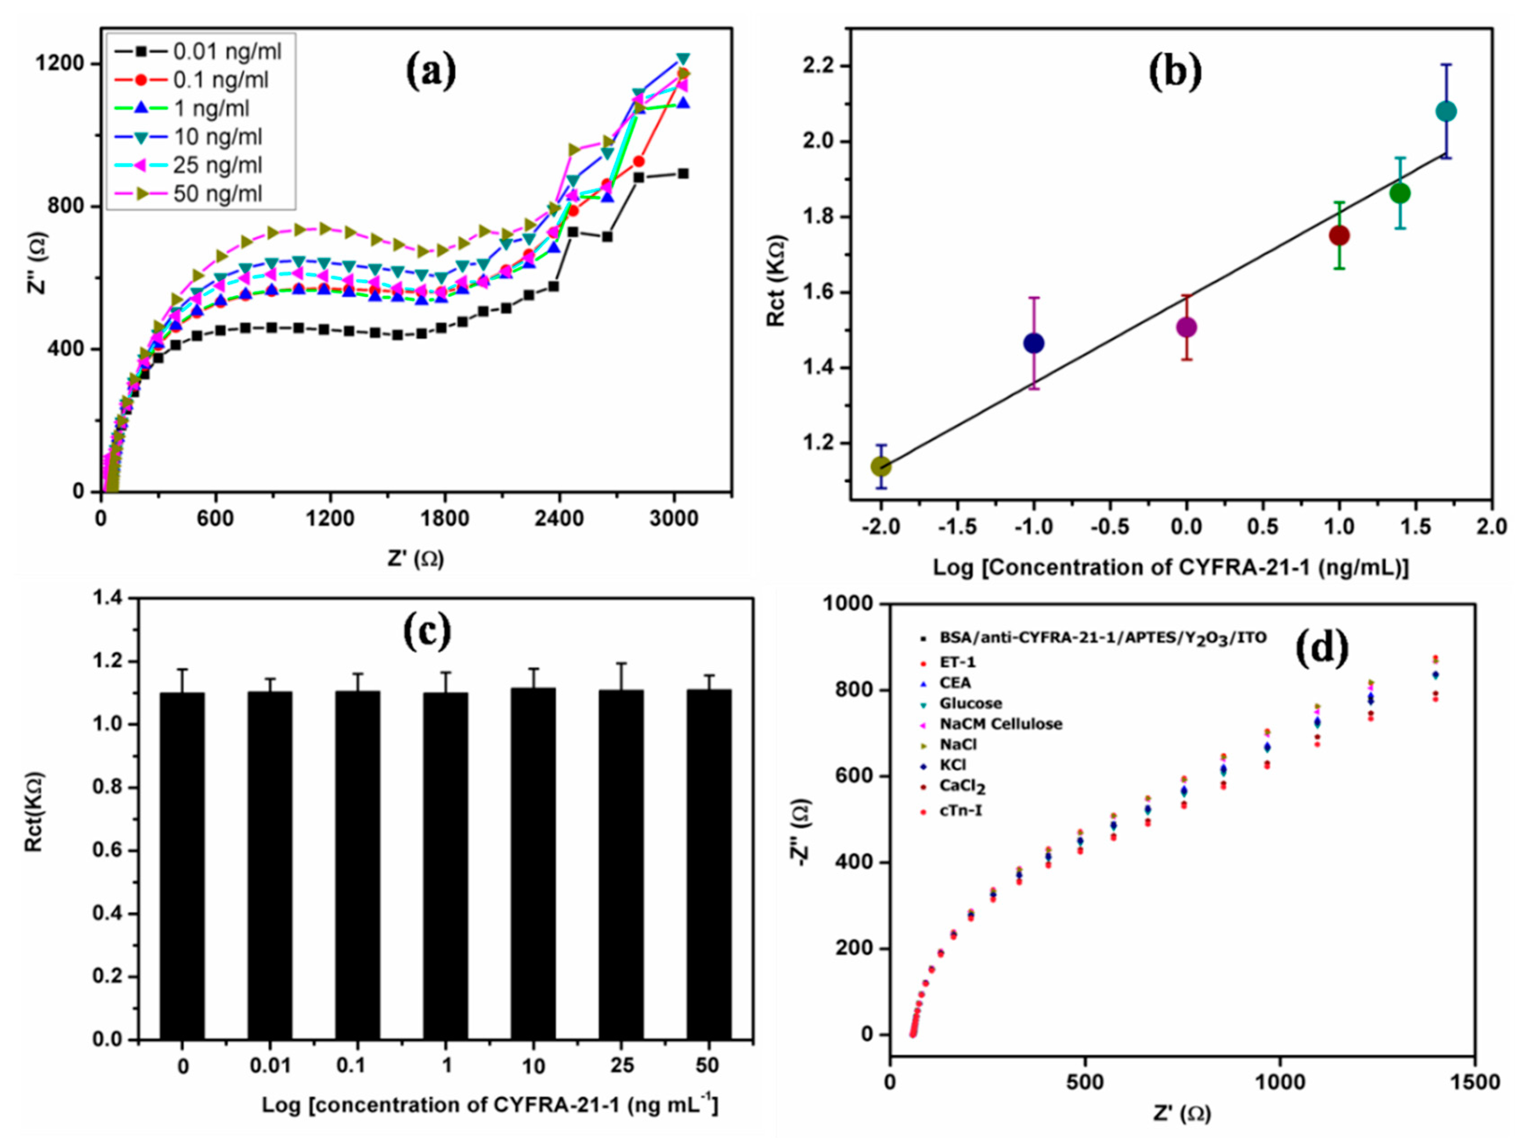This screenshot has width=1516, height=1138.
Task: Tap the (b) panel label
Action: click(1175, 71)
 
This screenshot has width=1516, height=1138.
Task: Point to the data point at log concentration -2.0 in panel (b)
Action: click(881, 466)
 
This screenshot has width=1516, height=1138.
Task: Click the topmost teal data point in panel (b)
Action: click(1446, 111)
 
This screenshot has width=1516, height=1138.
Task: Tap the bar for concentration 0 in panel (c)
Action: click(182, 866)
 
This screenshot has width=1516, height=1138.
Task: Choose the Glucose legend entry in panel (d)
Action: click(971, 704)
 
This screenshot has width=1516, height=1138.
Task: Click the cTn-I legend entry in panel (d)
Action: click(960, 812)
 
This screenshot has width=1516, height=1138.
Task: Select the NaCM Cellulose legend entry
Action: click(1001, 724)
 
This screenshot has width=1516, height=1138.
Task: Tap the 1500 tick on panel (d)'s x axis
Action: click(1475, 1083)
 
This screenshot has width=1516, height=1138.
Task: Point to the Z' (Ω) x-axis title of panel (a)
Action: click(416, 559)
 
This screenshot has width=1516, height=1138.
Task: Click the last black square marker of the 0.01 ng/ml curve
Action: click(683, 173)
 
